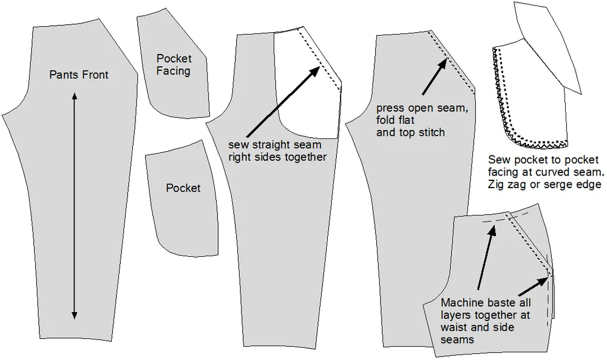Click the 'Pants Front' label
tap(79, 75)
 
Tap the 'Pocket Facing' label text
tap(174, 65)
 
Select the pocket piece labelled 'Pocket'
tap(182, 200)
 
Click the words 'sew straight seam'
tap(274, 146)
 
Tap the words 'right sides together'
tap(277, 158)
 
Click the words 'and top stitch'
tap(410, 132)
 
